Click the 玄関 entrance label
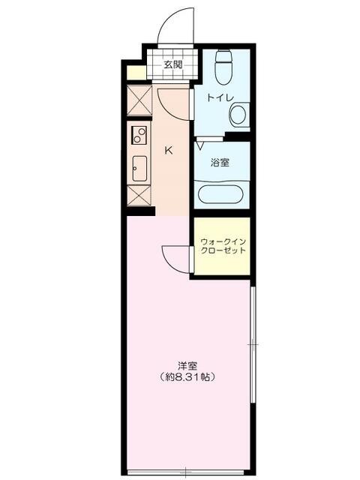tap(173, 64)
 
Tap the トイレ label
tap(218, 97)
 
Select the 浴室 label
tap(220, 162)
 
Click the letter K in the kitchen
tap(169, 149)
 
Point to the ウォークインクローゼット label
tap(223, 246)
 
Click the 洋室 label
tap(188, 366)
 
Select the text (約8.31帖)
tap(187, 377)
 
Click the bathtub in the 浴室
tap(219, 194)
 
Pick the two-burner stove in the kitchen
tap(139, 136)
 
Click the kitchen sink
tap(139, 168)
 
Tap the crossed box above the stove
tap(139, 102)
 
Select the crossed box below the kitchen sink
tap(139, 195)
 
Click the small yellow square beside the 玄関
tap(136, 73)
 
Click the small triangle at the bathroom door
tap(200, 145)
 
